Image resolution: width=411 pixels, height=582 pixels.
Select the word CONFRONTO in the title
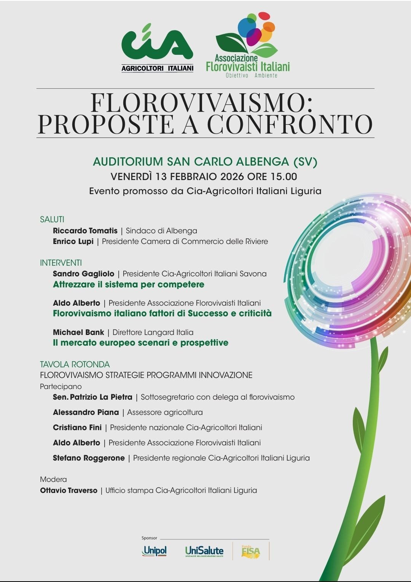[290, 124]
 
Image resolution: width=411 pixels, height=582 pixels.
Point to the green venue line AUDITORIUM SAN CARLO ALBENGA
[205, 162]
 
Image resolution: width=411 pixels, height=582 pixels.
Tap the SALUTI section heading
[52, 219]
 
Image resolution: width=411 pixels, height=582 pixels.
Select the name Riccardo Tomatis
[85, 231]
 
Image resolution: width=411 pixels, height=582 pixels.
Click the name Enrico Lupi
[73, 241]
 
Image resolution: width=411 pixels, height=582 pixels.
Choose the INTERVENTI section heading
[61, 263]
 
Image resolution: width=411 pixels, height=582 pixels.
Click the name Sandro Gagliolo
[83, 274]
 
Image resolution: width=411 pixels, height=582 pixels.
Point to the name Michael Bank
[78, 332]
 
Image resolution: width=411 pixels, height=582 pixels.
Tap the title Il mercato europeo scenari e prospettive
[140, 343]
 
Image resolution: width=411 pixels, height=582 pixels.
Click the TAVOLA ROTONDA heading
[75, 364]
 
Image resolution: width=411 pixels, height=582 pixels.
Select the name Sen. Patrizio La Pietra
[92, 397]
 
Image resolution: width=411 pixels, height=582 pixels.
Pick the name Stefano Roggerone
[89, 458]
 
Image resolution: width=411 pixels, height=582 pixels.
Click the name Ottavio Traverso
[68, 490]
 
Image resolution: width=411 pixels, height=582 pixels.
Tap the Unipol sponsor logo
[154, 551]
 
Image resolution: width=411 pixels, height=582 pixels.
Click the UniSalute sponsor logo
[204, 551]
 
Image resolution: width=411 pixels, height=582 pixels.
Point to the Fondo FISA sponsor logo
[251, 551]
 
